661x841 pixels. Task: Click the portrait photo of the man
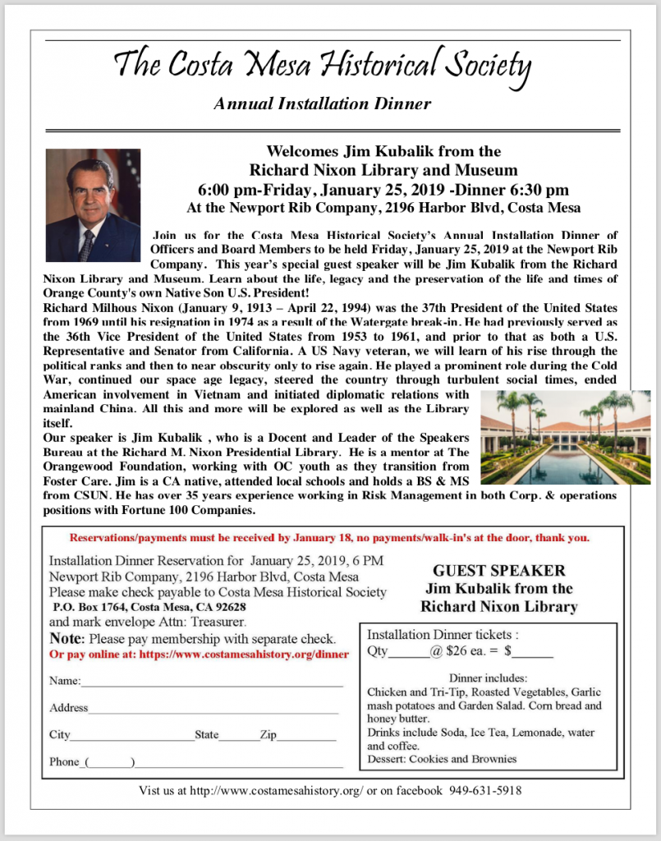[x=93, y=205]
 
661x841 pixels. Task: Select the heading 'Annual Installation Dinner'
[x=322, y=104]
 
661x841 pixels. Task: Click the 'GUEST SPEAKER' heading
[x=498, y=570]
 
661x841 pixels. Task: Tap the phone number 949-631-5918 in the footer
[x=485, y=791]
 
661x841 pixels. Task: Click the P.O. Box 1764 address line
[x=148, y=607]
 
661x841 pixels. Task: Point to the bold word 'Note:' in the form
[x=67, y=638]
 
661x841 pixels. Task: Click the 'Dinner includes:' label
[x=488, y=678]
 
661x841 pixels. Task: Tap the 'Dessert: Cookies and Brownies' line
[x=442, y=759]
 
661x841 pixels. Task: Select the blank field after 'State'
[x=238, y=736]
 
